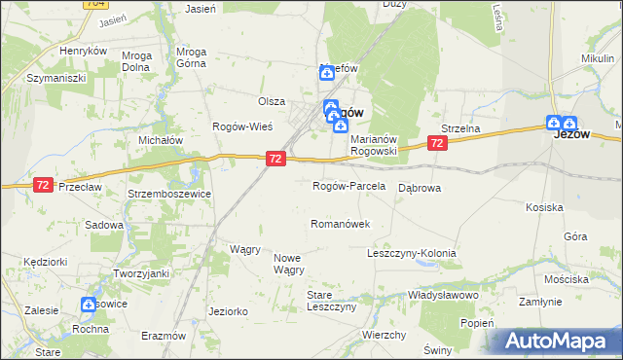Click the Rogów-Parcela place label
[348, 186]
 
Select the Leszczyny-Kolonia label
[411, 253]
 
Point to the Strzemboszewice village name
[170, 194]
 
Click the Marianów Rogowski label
[386, 145]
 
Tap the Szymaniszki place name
[57, 77]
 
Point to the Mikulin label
[598, 58]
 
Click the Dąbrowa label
[421, 187]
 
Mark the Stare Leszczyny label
[332, 300]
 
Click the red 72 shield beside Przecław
[42, 184]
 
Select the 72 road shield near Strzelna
[437, 143]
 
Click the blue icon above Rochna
[90, 305]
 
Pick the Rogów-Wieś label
[242, 127]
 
